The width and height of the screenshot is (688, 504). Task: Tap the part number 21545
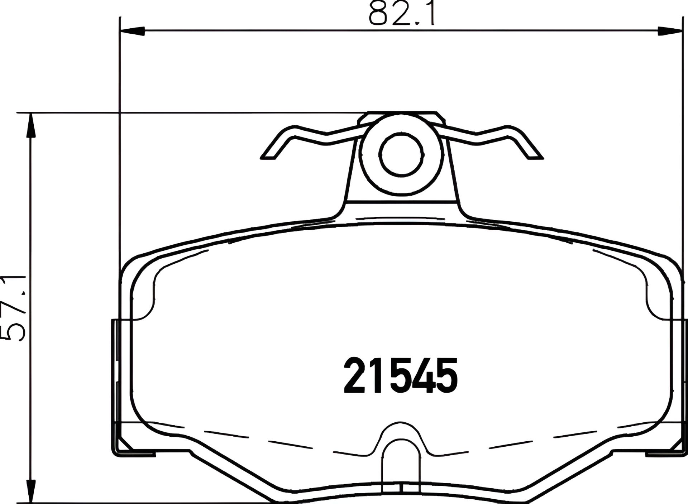click(x=401, y=375)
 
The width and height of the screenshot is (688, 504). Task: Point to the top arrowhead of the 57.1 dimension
click(x=31, y=125)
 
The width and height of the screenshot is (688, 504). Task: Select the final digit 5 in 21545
click(x=446, y=375)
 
